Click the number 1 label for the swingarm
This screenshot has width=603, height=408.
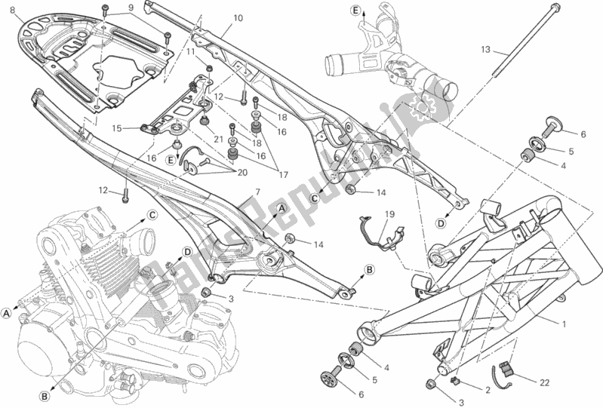click(x=564, y=324)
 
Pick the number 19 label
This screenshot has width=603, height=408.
click(x=388, y=214)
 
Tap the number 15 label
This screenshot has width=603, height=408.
click(x=117, y=128)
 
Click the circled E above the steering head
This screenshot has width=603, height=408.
click(x=355, y=9)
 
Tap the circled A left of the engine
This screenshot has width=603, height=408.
click(x=7, y=312)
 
